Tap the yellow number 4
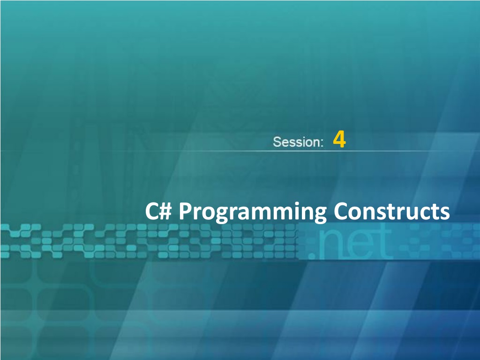(339, 139)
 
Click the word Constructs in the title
(392, 211)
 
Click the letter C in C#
(151, 211)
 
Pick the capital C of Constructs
(340, 211)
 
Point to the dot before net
(312, 255)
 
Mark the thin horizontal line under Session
(240, 151)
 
